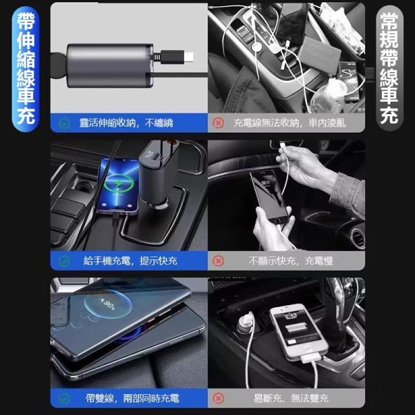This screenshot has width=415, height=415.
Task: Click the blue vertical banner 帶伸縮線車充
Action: pos(26,69)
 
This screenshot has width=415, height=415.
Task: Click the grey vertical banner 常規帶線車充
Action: pos(389,68)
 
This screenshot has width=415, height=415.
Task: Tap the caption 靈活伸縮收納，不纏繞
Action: pos(127,123)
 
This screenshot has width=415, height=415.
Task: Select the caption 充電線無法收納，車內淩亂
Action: pos(289,123)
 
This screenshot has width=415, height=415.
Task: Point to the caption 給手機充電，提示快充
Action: pos(130,261)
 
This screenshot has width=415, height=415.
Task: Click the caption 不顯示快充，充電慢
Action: pos(291,261)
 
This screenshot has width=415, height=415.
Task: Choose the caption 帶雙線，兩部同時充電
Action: pos(132,398)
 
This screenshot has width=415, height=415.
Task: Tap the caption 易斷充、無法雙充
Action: pos(291,398)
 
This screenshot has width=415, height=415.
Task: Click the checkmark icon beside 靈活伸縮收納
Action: pos(64,123)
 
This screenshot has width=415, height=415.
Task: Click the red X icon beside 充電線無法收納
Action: pos(219,123)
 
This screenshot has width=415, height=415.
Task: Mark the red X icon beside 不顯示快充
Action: pos(219,261)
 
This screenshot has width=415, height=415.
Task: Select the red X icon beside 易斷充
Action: pos(219,398)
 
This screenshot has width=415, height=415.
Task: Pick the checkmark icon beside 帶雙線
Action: pos(64,398)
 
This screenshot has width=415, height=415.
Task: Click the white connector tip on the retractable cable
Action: pos(188,57)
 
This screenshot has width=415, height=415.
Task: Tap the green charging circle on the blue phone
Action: pos(118,183)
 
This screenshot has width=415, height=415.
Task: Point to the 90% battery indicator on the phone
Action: pos(107,304)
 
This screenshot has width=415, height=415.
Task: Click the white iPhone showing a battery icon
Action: pos(299,332)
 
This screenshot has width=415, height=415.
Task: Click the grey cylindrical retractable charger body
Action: pos(110,66)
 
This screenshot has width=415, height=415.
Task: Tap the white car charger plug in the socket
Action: pos(246,322)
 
